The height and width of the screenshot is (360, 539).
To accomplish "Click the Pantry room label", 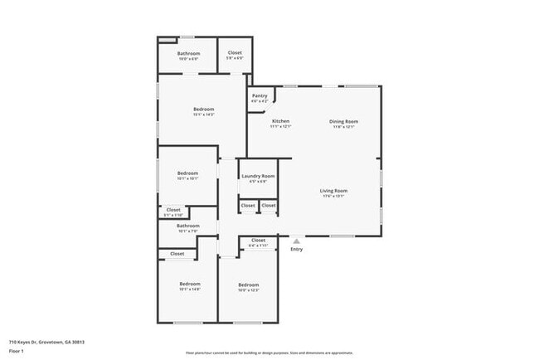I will coord(260,95).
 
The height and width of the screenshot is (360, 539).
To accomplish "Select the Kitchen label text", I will coord(280,122).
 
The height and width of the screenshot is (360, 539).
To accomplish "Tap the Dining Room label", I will coord(343,122).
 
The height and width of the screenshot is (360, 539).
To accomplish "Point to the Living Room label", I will coord(333,191).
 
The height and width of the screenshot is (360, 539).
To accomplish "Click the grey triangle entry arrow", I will coord(296,241).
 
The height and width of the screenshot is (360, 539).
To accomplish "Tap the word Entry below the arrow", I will coord(296,249).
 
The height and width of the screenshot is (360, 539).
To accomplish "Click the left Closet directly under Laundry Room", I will coord(248,205).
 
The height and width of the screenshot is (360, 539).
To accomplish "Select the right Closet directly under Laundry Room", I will coord(268,205).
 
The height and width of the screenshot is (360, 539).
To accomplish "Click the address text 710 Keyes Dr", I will coord(46,342).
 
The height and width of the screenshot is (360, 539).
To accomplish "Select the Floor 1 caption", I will coord(17,351).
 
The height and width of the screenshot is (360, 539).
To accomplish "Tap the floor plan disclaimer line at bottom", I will coord(269,352).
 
